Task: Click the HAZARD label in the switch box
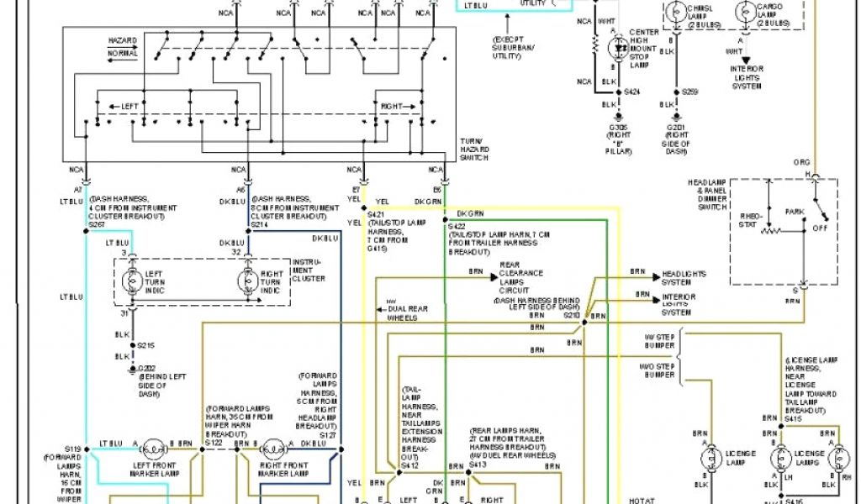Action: (122, 40)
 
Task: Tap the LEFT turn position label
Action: (129, 107)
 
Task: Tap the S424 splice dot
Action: (618, 92)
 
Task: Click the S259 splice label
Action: (689, 91)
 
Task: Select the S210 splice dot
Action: (584, 323)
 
